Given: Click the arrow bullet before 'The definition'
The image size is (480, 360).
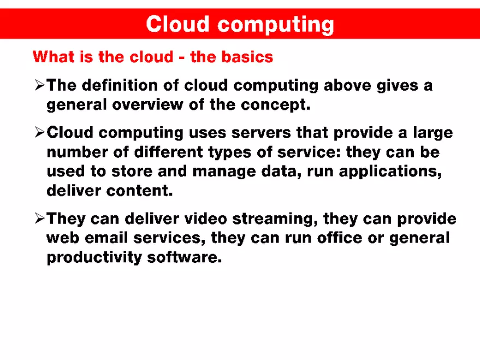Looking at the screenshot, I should [39, 85].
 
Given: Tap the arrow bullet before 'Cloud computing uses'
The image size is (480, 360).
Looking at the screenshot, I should [39, 133].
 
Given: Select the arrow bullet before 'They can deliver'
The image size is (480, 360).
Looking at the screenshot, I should [39, 219].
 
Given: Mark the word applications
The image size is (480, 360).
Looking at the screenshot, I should [389, 171].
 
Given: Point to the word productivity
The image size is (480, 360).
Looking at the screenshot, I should [94, 257].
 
